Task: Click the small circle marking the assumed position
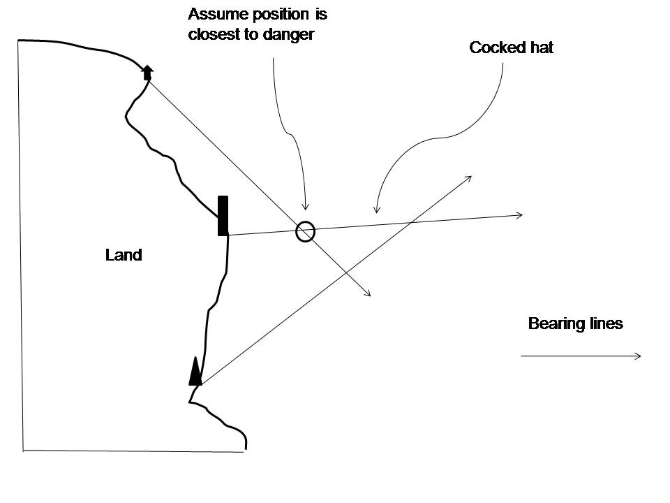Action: (305, 231)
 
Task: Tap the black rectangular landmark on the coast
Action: (223, 216)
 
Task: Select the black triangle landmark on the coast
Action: (195, 372)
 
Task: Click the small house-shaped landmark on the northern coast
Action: (147, 72)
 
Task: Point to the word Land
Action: (124, 255)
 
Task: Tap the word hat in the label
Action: (540, 48)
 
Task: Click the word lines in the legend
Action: (604, 324)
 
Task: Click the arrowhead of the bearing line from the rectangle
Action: (521, 215)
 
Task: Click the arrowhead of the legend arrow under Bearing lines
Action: (639, 356)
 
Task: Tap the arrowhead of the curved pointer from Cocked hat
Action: (377, 210)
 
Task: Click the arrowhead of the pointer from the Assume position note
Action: (304, 207)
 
